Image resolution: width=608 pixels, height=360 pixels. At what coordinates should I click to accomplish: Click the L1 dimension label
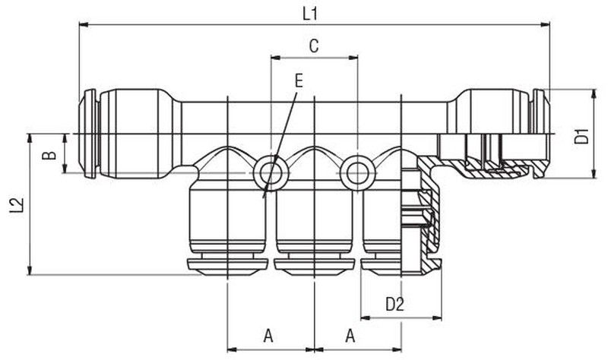[x=310, y=14]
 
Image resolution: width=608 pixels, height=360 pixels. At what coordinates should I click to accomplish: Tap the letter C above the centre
[x=314, y=46]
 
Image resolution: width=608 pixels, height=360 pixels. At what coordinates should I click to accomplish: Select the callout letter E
[x=299, y=81]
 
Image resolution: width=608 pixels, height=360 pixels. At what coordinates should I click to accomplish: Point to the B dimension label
[x=49, y=156]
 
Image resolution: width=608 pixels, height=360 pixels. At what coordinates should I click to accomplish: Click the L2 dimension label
[x=17, y=205]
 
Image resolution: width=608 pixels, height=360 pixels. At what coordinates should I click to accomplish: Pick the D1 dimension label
[x=581, y=136]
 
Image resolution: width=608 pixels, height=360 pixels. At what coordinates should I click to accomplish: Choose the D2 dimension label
[x=394, y=304]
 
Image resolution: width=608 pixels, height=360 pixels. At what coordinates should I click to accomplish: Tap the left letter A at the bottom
[x=268, y=336]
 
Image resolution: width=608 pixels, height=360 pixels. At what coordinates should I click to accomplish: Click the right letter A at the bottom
[x=350, y=336]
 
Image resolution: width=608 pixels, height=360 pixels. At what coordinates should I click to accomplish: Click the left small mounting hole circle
[x=271, y=173]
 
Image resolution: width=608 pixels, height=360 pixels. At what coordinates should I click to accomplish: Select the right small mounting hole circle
[x=357, y=173]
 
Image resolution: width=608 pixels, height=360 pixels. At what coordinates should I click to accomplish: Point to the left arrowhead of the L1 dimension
[x=84, y=25]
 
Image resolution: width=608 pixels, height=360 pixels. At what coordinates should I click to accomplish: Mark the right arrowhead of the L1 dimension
[x=545, y=25]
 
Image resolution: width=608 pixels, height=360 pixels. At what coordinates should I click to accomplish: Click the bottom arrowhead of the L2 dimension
[x=30, y=270]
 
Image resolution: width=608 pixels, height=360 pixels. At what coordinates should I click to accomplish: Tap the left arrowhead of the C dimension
[x=276, y=58]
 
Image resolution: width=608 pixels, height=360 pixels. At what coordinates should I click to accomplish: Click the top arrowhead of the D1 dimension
[x=594, y=94]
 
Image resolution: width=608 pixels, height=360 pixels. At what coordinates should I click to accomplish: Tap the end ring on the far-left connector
[x=90, y=134]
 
